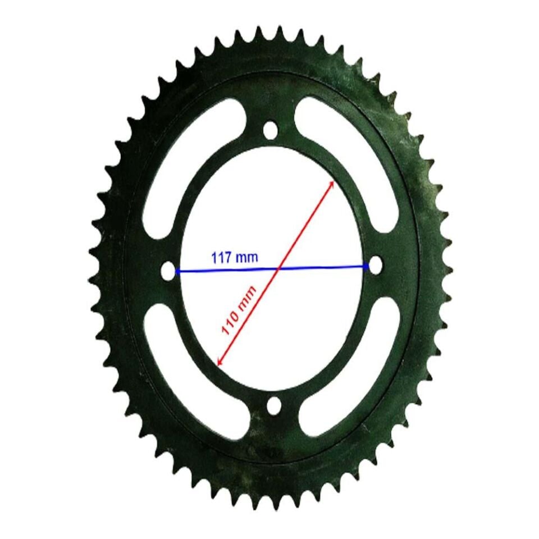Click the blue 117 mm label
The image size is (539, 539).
coord(235,258)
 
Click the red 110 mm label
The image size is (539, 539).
coord(239,310)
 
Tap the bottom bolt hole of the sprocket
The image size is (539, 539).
coord(274,405)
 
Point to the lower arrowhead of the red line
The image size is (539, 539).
coord(218,363)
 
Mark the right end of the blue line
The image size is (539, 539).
coord(367,266)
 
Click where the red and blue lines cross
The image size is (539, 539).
coord(277,269)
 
